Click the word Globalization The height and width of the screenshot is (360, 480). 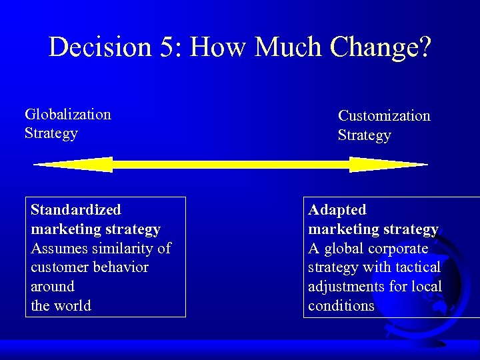point(67,114)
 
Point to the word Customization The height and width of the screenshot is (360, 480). point(384,116)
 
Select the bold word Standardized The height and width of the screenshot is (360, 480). point(75,210)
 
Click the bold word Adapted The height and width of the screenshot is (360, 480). point(337,210)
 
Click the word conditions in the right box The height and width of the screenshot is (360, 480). point(341,306)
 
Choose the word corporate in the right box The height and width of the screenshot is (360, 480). point(397,249)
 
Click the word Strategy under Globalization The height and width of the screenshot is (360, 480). point(51,133)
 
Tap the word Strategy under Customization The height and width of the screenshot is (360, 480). point(364,135)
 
